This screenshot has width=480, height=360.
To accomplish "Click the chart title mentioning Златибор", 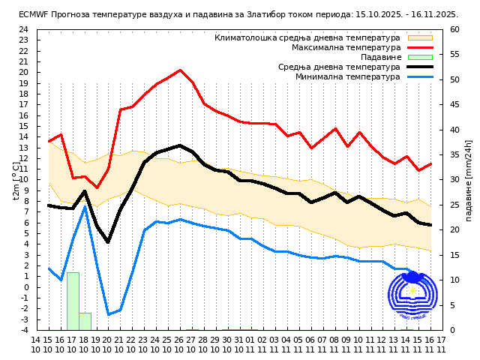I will (x=238, y=14).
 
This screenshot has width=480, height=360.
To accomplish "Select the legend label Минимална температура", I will (x=347, y=76).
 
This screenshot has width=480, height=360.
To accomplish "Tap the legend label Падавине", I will (x=380, y=57).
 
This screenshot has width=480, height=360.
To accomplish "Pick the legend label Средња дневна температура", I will (x=339, y=67).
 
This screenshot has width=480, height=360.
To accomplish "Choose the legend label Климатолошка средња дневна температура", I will (x=307, y=37).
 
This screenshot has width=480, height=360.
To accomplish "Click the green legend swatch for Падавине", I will (x=420, y=57).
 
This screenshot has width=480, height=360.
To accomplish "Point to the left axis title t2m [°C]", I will (x=16, y=180).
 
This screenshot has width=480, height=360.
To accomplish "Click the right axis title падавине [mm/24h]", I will (x=469, y=180).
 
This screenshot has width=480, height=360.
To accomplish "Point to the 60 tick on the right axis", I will (x=455, y=30).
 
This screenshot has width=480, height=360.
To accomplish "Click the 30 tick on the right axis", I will (x=455, y=180).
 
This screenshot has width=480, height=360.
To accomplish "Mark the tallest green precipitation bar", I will (x=73, y=301).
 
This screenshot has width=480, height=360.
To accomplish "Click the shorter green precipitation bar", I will (x=85, y=321).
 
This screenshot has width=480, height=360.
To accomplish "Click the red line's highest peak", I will (x=180, y=70).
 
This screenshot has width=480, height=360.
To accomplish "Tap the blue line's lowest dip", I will (x=108, y=314).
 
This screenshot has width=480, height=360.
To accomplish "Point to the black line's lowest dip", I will (x=108, y=242).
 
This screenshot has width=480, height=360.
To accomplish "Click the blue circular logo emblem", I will (x=412, y=296).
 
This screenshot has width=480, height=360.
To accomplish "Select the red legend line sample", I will (x=420, y=47).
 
